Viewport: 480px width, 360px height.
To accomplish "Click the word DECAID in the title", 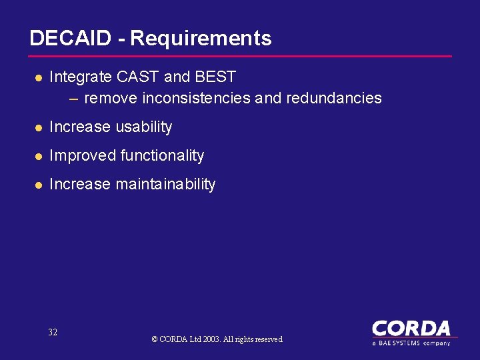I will point(70,38).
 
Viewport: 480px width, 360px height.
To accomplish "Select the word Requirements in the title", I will point(201,39).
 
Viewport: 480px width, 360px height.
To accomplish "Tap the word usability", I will point(144,127).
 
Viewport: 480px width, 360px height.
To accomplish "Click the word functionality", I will point(162,155).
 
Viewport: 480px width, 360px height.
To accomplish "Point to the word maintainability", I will point(165,184).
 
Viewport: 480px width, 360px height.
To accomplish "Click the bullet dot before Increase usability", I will point(38,127).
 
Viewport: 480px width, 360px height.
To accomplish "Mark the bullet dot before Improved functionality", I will point(38,156).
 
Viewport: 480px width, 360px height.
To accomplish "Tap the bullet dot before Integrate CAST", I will point(38,77).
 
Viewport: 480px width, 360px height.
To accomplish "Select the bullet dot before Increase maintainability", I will point(38,185).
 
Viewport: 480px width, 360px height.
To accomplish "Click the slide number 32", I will point(53,332).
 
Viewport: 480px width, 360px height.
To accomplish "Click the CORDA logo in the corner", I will point(411,331).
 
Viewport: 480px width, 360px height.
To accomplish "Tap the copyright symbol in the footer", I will point(155,339).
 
